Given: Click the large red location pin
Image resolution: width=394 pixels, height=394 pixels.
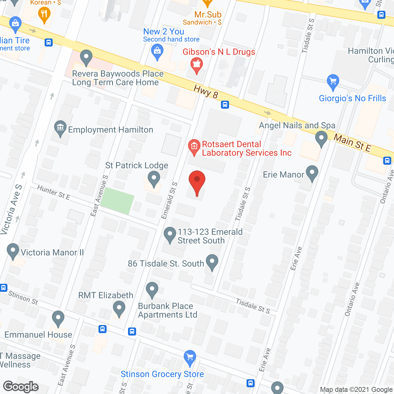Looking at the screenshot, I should pyautogui.click(x=197, y=181).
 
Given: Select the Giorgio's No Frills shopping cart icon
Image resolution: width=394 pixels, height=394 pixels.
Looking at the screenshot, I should pyautogui.click(x=333, y=82).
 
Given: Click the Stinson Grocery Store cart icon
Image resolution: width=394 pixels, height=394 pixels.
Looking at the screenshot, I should pyautogui.click(x=190, y=358).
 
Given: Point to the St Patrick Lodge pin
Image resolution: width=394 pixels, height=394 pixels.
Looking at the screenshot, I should pyautogui.click(x=154, y=179).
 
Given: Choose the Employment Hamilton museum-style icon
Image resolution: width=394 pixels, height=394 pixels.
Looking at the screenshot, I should pyautogui.click(x=60, y=127).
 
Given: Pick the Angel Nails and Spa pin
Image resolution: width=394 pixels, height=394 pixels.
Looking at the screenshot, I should pyautogui.click(x=321, y=138).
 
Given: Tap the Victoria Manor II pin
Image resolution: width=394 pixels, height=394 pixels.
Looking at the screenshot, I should pyautogui.click(x=13, y=251).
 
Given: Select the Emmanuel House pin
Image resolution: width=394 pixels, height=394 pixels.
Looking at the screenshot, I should pyautogui.click(x=58, y=318).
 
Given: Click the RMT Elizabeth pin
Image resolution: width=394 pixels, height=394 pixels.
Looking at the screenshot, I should pyautogui.click(x=119, y=308).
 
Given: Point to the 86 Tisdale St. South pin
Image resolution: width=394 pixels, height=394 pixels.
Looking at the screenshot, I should pyautogui.click(x=212, y=262).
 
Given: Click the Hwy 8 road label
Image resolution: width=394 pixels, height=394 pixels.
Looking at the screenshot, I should pyautogui.click(x=206, y=92).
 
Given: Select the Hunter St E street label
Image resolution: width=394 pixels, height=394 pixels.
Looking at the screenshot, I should pyautogui.click(x=54, y=192).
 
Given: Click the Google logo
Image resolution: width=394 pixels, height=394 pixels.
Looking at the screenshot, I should pyautogui.click(x=21, y=387).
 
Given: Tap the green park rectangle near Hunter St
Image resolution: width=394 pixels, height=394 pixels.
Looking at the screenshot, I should pyautogui.click(x=117, y=200).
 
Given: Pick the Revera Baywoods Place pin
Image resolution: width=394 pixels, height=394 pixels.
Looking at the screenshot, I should pyautogui.click(x=86, y=57).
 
